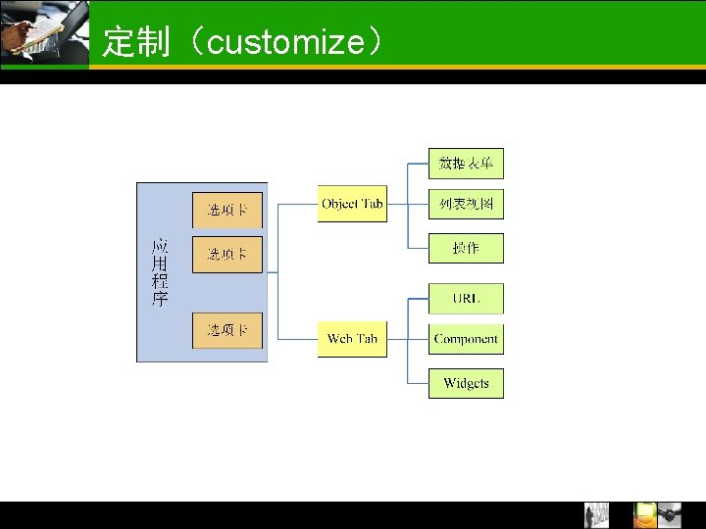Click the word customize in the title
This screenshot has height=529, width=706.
tap(285, 42)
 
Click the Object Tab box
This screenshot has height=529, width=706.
tap(352, 204)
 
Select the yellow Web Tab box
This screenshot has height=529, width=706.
tap(352, 339)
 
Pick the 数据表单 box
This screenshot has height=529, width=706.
tap(466, 163)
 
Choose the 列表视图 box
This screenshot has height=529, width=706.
tap(466, 205)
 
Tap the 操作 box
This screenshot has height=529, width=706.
tap(466, 248)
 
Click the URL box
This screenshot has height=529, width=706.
tap(466, 298)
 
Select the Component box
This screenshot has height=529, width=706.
tap(466, 339)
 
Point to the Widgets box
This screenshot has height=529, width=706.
tap(466, 383)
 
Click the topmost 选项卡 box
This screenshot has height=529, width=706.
tap(227, 210)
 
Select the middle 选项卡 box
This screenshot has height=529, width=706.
tap(227, 254)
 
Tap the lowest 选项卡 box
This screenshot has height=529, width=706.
tap(227, 330)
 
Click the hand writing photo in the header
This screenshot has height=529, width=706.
tap(44, 34)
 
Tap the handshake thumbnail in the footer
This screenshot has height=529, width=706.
tap(670, 515)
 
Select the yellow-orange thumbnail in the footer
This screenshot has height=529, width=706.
tap(644, 515)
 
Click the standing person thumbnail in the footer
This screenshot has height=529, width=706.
tap(596, 515)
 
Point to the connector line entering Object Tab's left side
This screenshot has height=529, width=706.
tap(298, 204)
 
